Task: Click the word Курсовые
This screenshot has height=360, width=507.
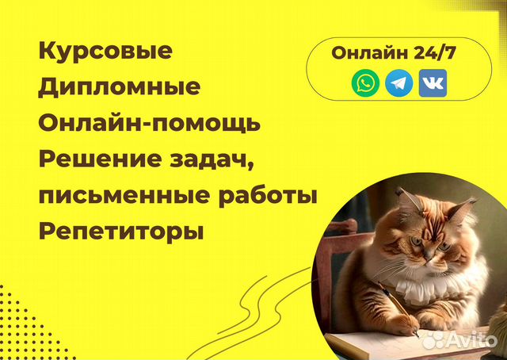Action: tap(105, 52)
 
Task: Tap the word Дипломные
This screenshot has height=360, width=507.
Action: tap(119, 87)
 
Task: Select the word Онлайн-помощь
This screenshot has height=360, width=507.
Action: tap(149, 123)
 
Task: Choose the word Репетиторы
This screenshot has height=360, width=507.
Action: tap(121, 232)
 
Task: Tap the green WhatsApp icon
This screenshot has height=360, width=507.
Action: tap(366, 82)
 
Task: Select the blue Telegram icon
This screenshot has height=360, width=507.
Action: tap(399, 82)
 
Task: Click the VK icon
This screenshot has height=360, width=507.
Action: tap(433, 82)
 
